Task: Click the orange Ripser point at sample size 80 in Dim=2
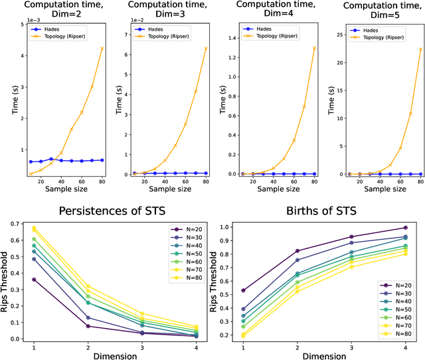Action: pos(102,48)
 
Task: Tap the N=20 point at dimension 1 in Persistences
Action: pos(34,280)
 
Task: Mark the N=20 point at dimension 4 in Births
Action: pos(405,228)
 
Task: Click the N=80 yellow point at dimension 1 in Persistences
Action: pos(34,228)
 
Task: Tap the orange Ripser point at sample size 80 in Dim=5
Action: pos(420,49)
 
